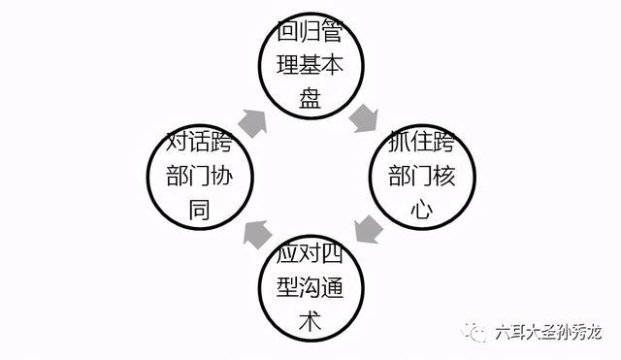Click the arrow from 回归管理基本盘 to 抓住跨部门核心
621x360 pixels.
tap(365, 117)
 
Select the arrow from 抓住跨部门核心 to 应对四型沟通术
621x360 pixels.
tap(366, 230)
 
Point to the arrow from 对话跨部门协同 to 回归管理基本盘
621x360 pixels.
tap(253, 119)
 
